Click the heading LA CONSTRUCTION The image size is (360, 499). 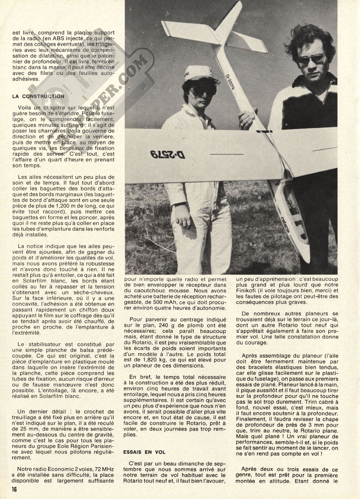(x=38, y=96)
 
